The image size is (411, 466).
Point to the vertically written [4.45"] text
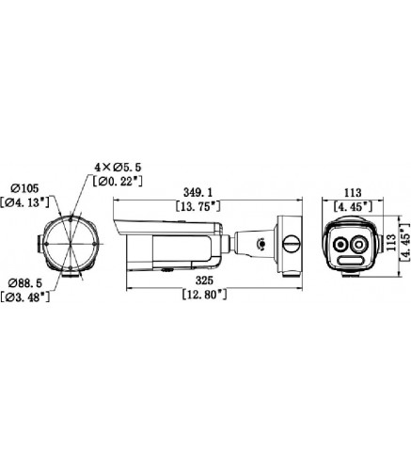click(x=404, y=239)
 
